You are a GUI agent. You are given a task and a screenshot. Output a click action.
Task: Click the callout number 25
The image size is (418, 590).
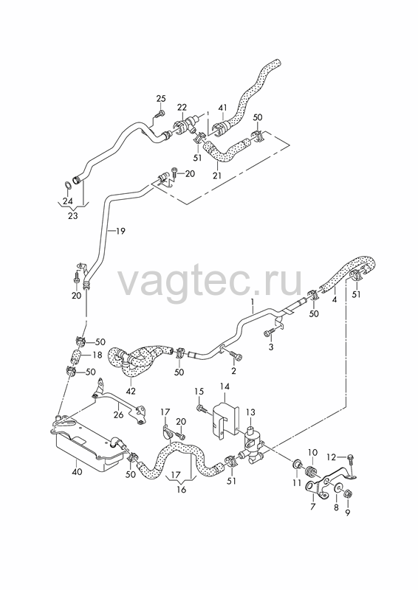click(161, 99)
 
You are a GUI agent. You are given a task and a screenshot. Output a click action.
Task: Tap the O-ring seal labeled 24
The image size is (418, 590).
click(67, 185)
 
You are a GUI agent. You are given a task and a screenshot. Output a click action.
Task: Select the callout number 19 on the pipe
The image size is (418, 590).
click(120, 231)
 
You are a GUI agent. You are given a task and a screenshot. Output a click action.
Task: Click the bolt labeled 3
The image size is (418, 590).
click(271, 332)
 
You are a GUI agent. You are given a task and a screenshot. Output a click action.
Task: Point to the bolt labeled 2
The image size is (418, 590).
click(236, 355)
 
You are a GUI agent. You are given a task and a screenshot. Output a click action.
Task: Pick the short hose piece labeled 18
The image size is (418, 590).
click(76, 355)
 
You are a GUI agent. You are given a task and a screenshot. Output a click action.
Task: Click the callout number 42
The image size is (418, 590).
click(131, 392)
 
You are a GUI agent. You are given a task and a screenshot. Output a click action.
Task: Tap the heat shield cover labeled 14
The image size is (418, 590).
click(225, 420)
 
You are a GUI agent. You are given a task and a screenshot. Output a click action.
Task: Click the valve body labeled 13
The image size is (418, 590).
click(251, 443)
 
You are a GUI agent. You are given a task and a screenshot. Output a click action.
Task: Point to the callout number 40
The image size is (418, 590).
click(77, 472)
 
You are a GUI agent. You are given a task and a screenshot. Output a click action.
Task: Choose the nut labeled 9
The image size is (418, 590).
click(349, 492)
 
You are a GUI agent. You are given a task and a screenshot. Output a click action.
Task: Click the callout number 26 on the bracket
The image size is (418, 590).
click(118, 414)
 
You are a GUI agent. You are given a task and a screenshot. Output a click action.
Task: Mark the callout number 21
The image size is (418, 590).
click(217, 176)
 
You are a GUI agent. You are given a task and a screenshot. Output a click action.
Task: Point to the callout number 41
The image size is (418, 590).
click(223, 108)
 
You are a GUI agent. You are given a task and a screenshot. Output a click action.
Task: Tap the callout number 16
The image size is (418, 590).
click(181, 490)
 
